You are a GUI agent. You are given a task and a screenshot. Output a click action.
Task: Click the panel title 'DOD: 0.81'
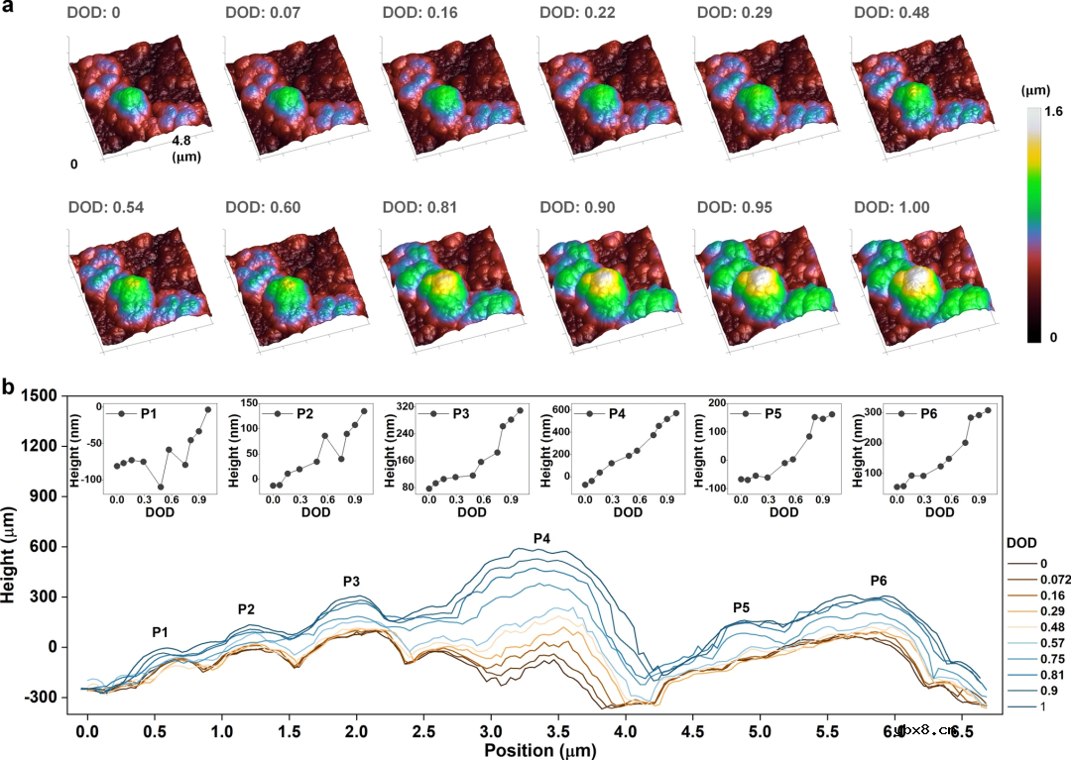(x=420, y=208)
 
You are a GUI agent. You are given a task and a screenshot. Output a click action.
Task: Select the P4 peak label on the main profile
(x=541, y=538)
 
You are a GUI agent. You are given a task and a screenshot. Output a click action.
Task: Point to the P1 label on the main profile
(x=160, y=632)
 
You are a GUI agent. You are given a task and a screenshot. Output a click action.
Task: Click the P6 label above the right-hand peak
(x=879, y=580)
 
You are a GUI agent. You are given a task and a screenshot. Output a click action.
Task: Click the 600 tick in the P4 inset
(x=558, y=409)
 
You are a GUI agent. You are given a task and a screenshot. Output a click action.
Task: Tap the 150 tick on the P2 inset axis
(x=251, y=402)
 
